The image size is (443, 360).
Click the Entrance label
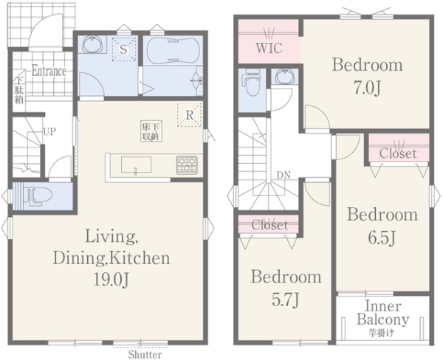point(49,71)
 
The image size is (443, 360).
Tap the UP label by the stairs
point(49,131)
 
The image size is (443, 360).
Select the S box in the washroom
point(123,49)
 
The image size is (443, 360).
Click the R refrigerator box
point(189,115)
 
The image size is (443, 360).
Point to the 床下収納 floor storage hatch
point(151,131)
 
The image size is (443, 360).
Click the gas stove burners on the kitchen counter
point(187,165)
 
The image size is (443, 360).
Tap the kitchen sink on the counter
point(136,165)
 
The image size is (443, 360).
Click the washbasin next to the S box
point(93,44)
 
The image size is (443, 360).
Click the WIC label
point(269,48)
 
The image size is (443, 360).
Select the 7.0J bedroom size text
point(367,88)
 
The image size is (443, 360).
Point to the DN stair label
point(284,175)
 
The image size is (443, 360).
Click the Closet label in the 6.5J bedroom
point(398,153)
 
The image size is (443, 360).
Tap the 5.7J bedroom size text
point(286,300)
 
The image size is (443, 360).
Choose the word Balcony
point(382,320)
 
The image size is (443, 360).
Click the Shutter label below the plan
point(145,354)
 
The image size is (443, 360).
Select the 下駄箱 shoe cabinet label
point(19,91)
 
